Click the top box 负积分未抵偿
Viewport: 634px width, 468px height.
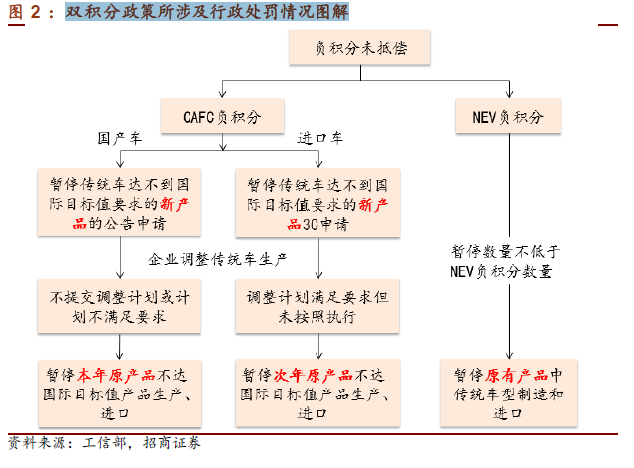tap(359, 47)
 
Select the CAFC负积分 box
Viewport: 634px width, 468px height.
tap(222, 116)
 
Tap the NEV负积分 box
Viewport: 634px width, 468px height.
tap(508, 116)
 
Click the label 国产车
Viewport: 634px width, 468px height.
tap(120, 139)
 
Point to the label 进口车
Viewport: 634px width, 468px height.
tap(320, 138)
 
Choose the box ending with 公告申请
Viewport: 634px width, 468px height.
tap(119, 203)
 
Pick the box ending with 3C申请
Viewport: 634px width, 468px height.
tap(317, 203)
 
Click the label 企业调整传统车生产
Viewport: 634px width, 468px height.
tap(217, 259)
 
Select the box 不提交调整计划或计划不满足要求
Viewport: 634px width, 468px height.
tap(119, 306)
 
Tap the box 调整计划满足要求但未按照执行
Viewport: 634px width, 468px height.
tap(317, 306)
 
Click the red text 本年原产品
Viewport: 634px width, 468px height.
tap(116, 375)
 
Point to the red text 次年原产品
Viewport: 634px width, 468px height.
tap(314, 375)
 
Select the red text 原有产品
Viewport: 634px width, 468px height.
tap(516, 375)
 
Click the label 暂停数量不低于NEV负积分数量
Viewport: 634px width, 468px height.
tap(505, 261)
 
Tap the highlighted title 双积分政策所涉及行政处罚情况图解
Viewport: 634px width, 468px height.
tap(207, 12)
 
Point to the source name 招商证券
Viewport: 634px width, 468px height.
tap(172, 443)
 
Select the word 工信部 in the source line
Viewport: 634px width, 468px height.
tap(104, 443)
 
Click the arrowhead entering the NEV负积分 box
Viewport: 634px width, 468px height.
tap(509, 94)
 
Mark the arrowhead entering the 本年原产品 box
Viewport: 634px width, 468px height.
tap(120, 356)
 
